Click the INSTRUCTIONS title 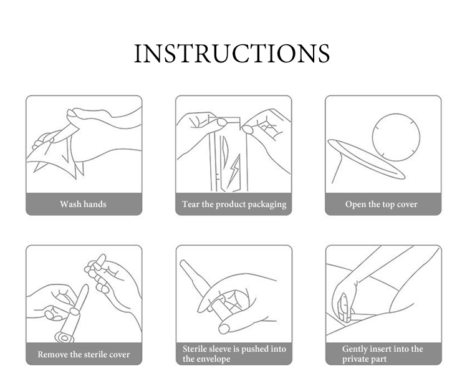[x=232, y=53]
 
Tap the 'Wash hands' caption [x=83, y=204]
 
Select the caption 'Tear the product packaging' [x=234, y=205]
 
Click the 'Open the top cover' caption [x=381, y=204]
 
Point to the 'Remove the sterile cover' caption [x=84, y=354]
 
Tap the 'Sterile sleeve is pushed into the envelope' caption [x=234, y=354]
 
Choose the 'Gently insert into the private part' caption [x=382, y=354]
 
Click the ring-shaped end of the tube [x=64, y=338]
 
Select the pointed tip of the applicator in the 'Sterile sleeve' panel [x=182, y=263]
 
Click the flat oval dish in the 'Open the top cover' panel [x=367, y=159]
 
